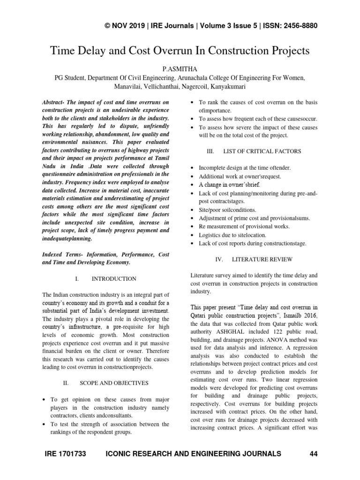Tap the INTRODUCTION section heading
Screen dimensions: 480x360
(114, 278)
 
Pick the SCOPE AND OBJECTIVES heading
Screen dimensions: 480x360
(114, 382)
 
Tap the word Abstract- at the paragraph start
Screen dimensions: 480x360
(54, 102)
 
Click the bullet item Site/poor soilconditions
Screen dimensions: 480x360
(228, 210)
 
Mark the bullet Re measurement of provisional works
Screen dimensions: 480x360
(238, 226)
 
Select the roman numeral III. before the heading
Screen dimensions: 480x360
(210, 151)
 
